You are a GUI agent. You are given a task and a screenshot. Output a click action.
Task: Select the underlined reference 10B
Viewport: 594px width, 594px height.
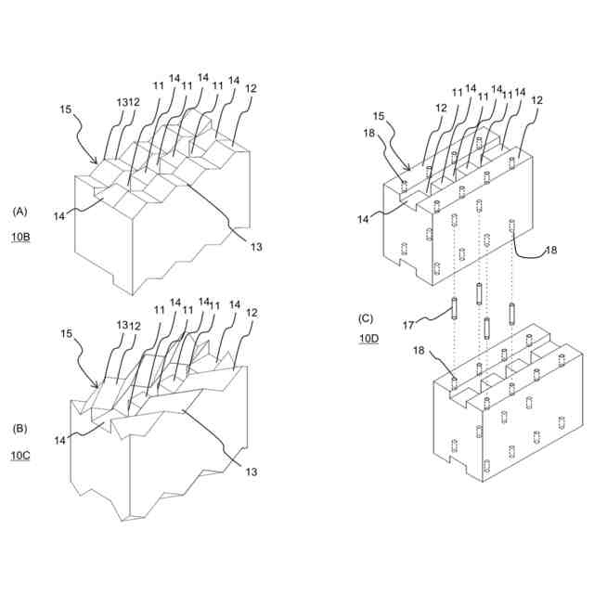click(20, 238)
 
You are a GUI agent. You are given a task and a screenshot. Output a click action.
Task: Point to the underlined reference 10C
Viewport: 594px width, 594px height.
click(20, 456)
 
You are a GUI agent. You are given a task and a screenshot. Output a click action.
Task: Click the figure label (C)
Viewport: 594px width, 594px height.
click(367, 317)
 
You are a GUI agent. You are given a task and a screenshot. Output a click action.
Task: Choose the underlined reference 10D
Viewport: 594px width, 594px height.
click(368, 339)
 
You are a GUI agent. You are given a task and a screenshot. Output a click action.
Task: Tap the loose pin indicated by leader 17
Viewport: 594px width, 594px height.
click(454, 309)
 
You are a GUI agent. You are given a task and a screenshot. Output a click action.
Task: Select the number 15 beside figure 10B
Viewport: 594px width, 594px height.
click(65, 109)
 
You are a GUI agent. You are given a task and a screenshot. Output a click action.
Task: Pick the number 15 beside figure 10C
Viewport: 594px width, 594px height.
click(66, 333)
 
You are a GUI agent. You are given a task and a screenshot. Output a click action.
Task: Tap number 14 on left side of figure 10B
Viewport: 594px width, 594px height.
click(59, 215)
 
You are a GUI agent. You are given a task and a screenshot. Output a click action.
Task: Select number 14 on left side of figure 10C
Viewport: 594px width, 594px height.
click(59, 441)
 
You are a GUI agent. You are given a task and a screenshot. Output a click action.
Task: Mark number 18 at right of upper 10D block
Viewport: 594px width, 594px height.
click(550, 251)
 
